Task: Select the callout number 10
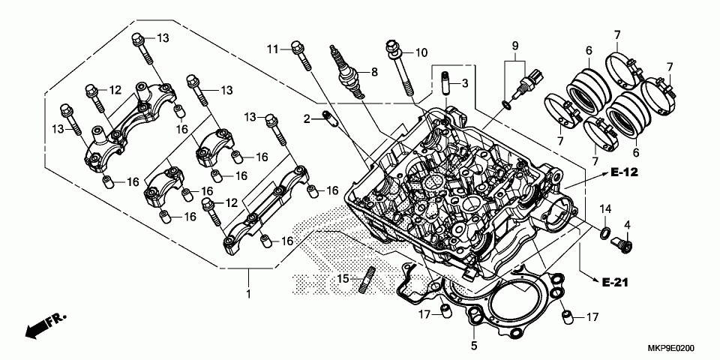(x=421, y=52)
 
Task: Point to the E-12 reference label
(x=624, y=173)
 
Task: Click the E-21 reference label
(x=613, y=282)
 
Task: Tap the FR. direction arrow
(x=43, y=325)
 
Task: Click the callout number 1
(x=248, y=295)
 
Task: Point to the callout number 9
(x=515, y=46)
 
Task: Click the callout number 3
(x=465, y=82)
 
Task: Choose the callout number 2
(x=307, y=118)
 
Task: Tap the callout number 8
(x=375, y=73)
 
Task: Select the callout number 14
(x=605, y=208)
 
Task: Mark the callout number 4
(x=627, y=223)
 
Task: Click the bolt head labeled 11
(x=297, y=46)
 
